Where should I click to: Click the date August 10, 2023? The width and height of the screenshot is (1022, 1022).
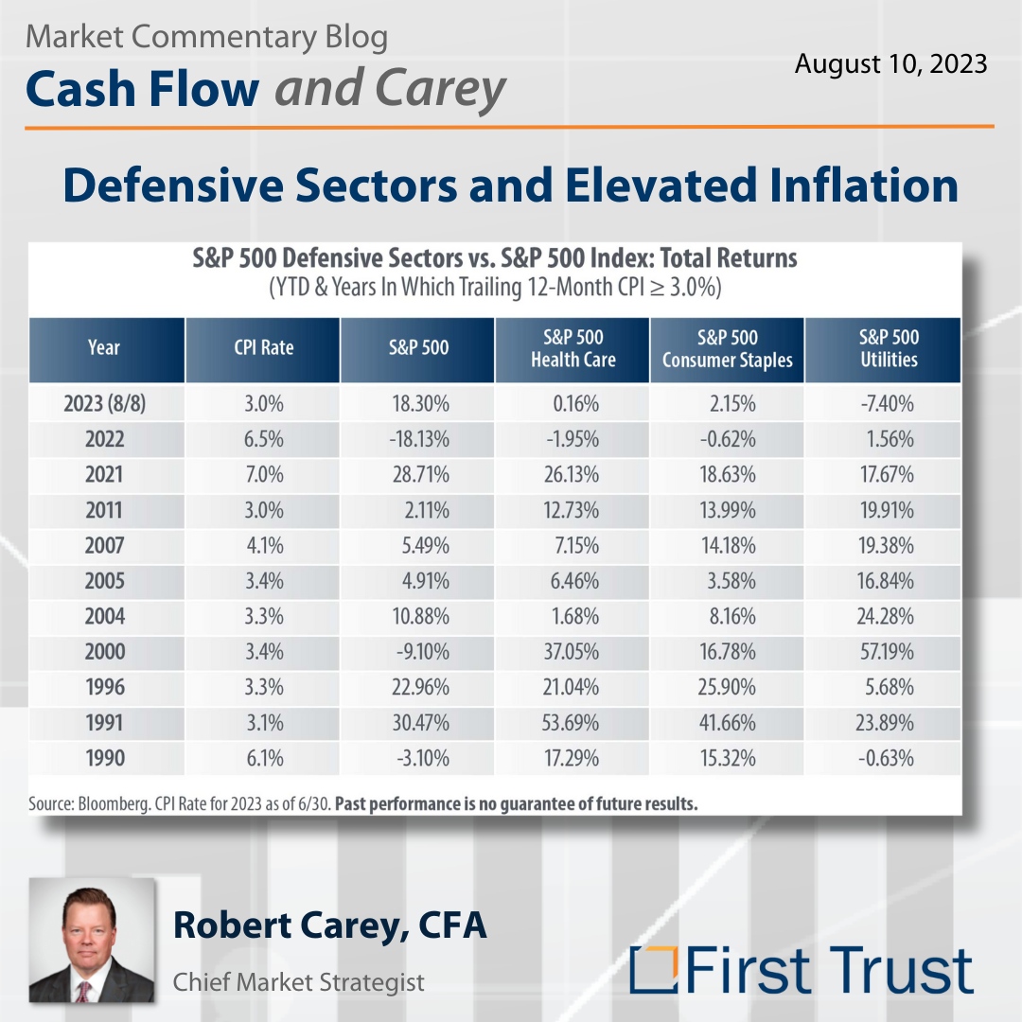[x=890, y=64]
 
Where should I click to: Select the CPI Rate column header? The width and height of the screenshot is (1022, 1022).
[x=263, y=347]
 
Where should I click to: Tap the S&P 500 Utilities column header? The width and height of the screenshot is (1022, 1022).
[x=888, y=348]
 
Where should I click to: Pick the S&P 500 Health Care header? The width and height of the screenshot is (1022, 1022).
[x=573, y=348]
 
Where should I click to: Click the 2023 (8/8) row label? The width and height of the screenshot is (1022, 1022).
[x=104, y=404]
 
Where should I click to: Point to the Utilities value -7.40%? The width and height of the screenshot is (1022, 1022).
[x=887, y=404]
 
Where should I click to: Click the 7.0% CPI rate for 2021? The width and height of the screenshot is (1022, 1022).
[x=263, y=475]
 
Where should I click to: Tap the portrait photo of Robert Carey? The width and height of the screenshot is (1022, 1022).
[x=92, y=941]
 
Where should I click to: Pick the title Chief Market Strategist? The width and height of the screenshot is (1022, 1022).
[x=298, y=982]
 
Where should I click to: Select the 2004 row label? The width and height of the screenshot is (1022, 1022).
[x=104, y=617]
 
